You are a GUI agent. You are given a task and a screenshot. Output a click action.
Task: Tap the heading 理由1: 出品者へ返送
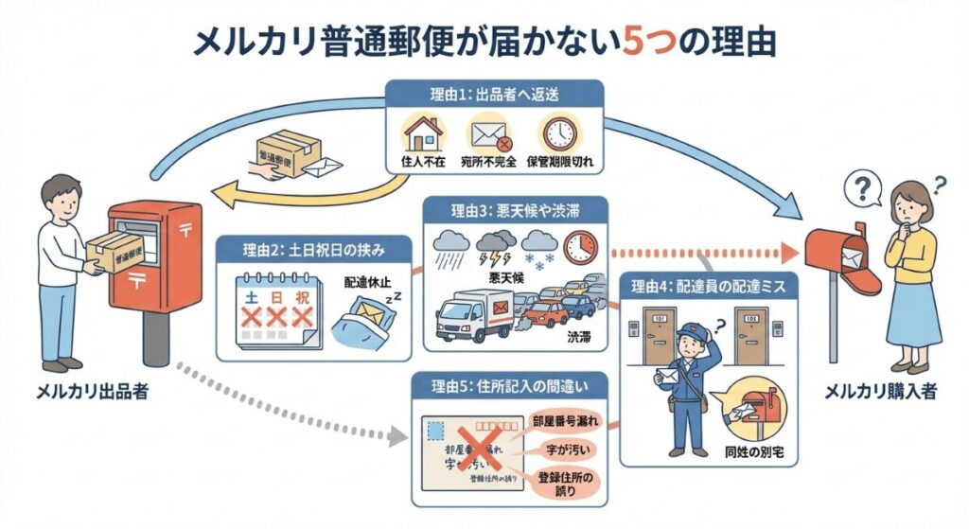tap(494, 93)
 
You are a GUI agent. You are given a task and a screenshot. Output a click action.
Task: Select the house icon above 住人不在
tap(421, 132)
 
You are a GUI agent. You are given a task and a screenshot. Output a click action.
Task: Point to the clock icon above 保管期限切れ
tap(558, 132)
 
